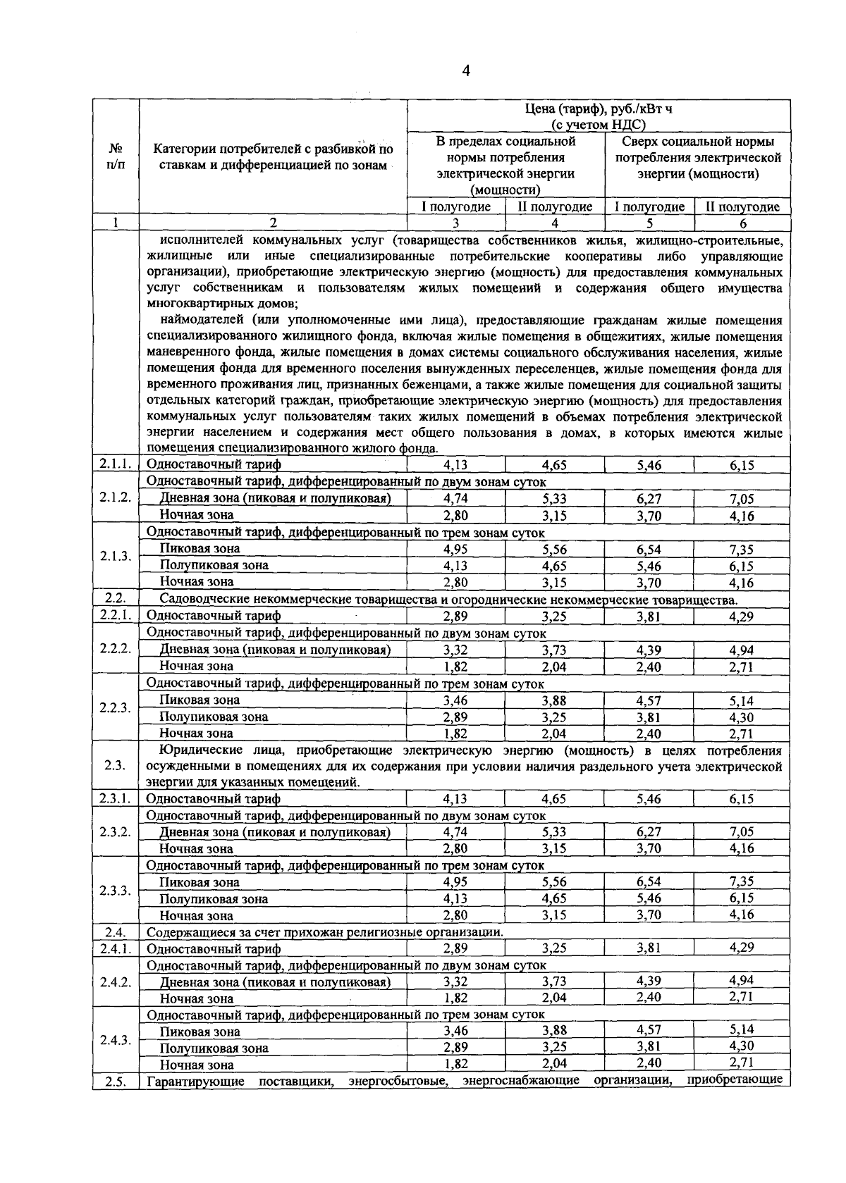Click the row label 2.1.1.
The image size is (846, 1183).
pyautogui.click(x=116, y=464)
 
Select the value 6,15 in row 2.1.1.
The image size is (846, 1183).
pyautogui.click(x=742, y=465)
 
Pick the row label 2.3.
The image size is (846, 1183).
pyautogui.click(x=116, y=766)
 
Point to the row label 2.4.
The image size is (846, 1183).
pyautogui.click(x=116, y=931)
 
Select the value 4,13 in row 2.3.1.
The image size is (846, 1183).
pyautogui.click(x=455, y=798)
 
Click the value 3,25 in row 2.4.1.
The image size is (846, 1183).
pyautogui.click(x=554, y=948)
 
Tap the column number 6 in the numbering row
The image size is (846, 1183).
pyautogui.click(x=742, y=223)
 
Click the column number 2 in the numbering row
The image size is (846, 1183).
pyautogui.click(x=273, y=223)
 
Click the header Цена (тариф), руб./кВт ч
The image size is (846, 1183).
pyautogui.click(x=598, y=109)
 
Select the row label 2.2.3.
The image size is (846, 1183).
pyautogui.click(x=116, y=707)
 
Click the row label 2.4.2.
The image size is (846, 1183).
pyautogui.click(x=116, y=981)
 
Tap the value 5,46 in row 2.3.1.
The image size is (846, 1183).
pyautogui.click(x=649, y=798)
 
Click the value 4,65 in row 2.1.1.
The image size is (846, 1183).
pyautogui.click(x=554, y=465)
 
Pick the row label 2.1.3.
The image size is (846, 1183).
pyautogui.click(x=116, y=556)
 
